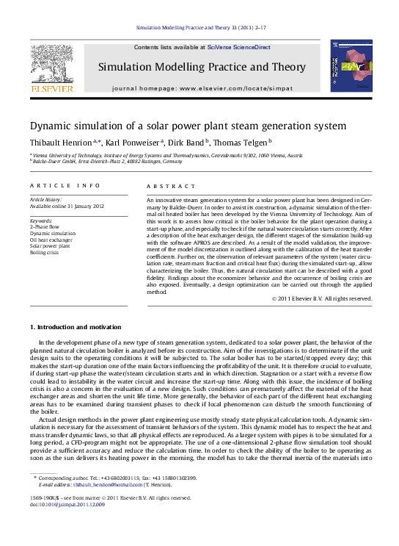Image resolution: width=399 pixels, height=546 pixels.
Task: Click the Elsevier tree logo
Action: point(51,65)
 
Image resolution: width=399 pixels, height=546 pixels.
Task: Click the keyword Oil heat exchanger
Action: point(51,240)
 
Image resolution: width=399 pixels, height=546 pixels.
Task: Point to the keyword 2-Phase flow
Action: point(45,226)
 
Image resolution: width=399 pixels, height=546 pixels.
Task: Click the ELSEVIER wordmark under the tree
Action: point(51,88)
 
